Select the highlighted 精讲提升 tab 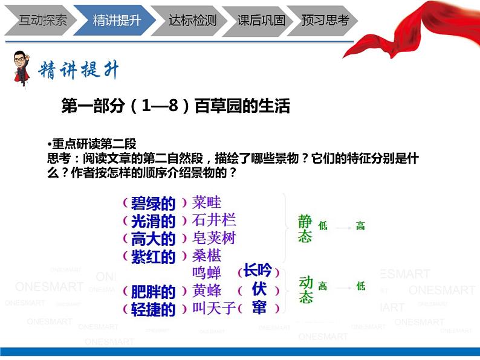[x=117, y=20]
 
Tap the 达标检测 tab [x=192, y=20]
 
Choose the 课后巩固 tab [x=261, y=20]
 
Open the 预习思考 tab [x=325, y=20]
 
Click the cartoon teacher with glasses [x=22, y=68]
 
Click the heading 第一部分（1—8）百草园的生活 [x=176, y=106]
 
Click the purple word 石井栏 [x=213, y=220]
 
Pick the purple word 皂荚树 [x=213, y=237]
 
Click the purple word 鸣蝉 [x=206, y=272]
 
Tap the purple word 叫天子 [x=213, y=308]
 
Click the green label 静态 [x=305, y=229]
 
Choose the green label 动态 [x=306, y=289]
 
